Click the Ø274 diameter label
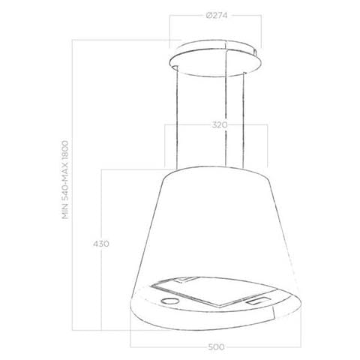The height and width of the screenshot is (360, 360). click(x=217, y=16)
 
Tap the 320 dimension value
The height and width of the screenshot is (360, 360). click(x=220, y=124)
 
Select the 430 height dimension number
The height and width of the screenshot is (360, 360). click(x=101, y=244)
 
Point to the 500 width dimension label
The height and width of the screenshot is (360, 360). click(x=216, y=347)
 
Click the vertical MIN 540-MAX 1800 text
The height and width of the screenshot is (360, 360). click(x=65, y=180)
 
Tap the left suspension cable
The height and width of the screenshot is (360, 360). click(x=177, y=118)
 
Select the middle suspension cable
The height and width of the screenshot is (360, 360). click(x=226, y=105)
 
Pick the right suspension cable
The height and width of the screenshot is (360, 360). click(x=243, y=120)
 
